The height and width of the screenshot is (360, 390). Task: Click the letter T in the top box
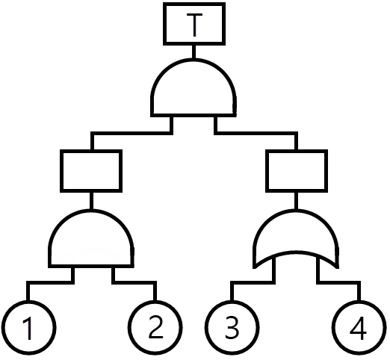click(x=194, y=25)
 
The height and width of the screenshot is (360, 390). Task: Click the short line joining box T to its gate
click(x=194, y=52)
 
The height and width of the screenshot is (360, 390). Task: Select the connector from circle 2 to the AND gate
click(x=134, y=283)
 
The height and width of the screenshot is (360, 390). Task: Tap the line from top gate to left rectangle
click(x=132, y=134)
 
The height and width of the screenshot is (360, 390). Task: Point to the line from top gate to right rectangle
click(x=256, y=134)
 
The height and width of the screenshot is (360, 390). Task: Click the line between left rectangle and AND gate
click(x=91, y=201)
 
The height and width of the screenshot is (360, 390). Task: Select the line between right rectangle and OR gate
click(x=296, y=201)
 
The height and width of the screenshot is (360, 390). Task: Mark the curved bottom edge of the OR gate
click(x=296, y=253)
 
